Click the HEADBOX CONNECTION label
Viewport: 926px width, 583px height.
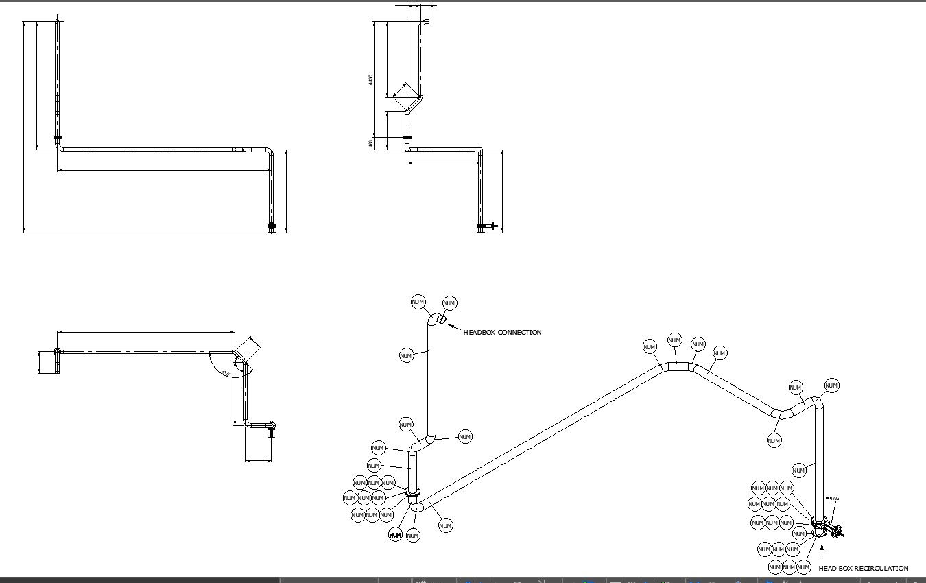click(x=502, y=333)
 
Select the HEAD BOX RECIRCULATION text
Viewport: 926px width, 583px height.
click(x=863, y=569)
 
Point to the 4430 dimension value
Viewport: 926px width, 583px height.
click(x=371, y=80)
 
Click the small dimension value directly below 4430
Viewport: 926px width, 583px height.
click(x=371, y=143)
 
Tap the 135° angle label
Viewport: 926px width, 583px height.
click(x=226, y=374)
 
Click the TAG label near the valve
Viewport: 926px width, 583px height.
click(x=833, y=499)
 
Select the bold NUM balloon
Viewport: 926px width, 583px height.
click(x=395, y=535)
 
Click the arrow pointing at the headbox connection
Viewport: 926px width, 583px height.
click(x=454, y=327)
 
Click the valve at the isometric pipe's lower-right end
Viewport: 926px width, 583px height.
click(x=836, y=532)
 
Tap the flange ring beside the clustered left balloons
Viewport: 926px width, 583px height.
click(x=412, y=492)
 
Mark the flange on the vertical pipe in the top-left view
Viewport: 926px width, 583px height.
click(x=58, y=138)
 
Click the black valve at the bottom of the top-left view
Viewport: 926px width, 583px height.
click(x=271, y=226)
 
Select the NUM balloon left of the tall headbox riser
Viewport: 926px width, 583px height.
click(x=406, y=355)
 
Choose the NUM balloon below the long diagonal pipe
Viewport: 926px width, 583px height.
click(x=445, y=525)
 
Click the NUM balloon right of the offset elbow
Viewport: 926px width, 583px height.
click(x=464, y=437)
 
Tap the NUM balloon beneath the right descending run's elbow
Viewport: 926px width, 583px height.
click(x=774, y=440)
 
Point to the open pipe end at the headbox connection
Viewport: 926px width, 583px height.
click(x=442, y=319)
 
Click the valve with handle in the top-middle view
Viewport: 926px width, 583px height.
click(x=487, y=226)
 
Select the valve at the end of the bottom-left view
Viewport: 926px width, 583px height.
click(x=272, y=427)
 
